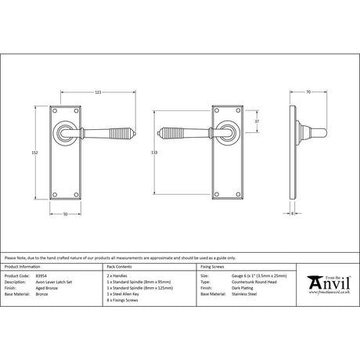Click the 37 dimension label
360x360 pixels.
pyautogui.click(x=257, y=121)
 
